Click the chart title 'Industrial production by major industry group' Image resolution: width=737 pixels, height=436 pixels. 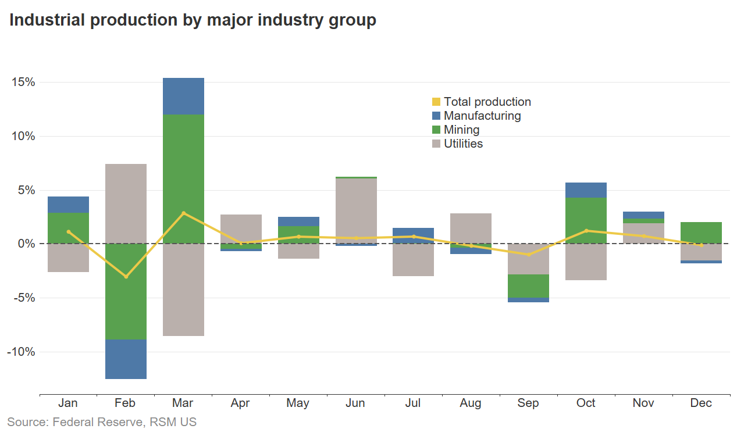[x=193, y=20]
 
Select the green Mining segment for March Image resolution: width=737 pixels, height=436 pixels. [x=183, y=179]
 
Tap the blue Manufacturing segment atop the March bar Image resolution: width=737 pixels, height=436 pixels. [x=183, y=96]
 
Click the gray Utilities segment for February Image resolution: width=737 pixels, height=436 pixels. [x=126, y=203]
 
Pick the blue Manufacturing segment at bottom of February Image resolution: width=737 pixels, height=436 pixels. [x=126, y=359]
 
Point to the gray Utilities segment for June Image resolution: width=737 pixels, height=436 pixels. [x=356, y=210]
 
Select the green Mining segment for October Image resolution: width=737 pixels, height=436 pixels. [x=586, y=220]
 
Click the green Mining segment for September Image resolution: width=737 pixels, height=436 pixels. [x=528, y=286]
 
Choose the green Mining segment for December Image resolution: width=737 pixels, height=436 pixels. [x=701, y=233]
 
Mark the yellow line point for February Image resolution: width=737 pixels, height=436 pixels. [x=126, y=277]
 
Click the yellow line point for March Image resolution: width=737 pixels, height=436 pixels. [x=183, y=213]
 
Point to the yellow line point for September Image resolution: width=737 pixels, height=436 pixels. [x=528, y=255]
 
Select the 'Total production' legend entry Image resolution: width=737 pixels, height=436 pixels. [x=487, y=102]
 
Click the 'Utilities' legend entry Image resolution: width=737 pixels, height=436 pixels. [x=463, y=144]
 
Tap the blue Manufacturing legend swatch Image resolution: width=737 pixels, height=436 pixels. [x=436, y=116]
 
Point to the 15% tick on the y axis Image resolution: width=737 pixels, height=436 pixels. [x=23, y=83]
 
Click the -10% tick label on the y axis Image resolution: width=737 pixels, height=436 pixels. [x=22, y=352]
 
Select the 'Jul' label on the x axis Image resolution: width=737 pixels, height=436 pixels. [x=413, y=403]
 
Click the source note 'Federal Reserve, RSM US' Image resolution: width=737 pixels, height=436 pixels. [x=102, y=422]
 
